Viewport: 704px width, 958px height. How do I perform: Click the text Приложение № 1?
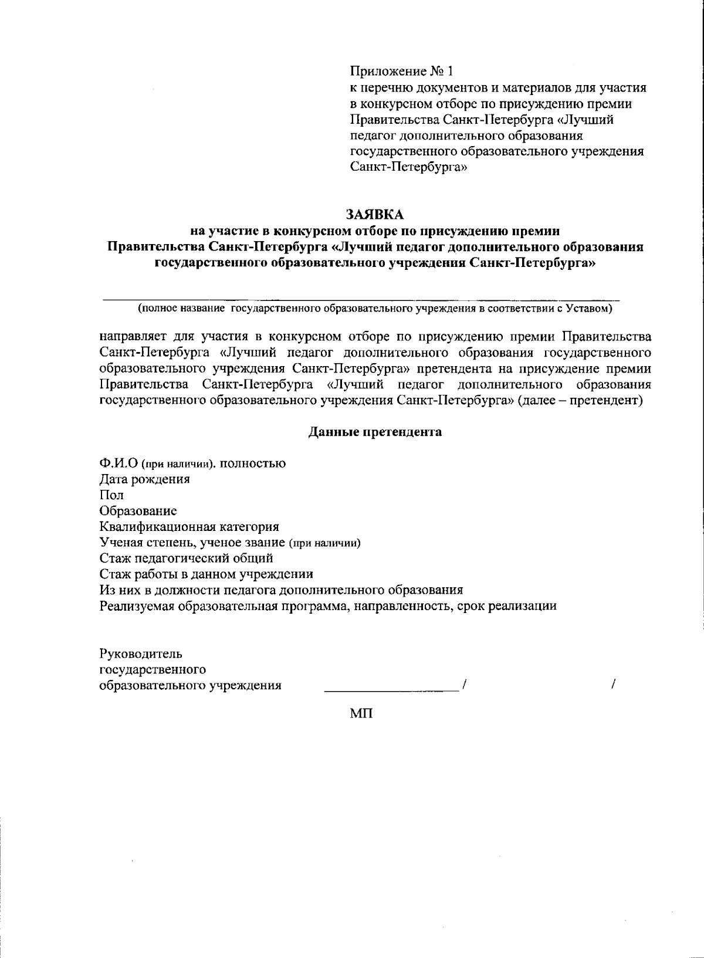click(x=401, y=72)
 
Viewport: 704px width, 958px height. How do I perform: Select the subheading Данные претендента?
click(x=375, y=432)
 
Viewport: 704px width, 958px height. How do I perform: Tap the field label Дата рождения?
click(x=144, y=479)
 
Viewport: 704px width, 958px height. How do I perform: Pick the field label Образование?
click(x=138, y=511)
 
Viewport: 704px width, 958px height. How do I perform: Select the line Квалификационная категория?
click(x=189, y=527)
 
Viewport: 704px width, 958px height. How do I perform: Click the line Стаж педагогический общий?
click(x=186, y=558)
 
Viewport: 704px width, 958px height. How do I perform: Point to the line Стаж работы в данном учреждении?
click(x=206, y=574)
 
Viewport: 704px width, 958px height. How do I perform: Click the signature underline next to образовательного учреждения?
click(x=391, y=691)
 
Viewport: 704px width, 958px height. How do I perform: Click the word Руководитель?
click(x=141, y=654)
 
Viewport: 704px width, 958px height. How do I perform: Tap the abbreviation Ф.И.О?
click(x=119, y=463)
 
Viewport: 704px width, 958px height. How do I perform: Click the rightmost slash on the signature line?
click(x=613, y=685)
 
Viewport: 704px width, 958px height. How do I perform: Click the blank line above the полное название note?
click(x=361, y=299)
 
